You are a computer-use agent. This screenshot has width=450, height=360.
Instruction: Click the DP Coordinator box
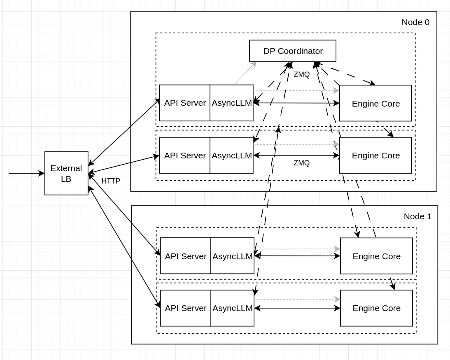coord(293,51)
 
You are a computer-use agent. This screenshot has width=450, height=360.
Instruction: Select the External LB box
coord(66,173)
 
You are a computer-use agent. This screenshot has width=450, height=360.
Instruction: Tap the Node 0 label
coord(415,22)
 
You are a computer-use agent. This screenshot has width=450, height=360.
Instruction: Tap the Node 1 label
coord(417,216)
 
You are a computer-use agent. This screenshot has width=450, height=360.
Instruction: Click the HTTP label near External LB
coord(111,181)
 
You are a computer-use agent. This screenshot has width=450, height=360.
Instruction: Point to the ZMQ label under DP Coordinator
coord(301,74)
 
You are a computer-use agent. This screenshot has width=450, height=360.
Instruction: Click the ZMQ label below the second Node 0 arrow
coord(301,163)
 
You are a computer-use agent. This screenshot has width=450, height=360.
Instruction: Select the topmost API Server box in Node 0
coord(185,103)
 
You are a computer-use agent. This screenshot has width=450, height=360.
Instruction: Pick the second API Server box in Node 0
coord(185,156)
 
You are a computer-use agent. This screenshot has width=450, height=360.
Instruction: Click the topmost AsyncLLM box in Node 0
coord(231,103)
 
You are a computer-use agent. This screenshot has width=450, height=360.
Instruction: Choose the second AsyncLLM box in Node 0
coord(231,156)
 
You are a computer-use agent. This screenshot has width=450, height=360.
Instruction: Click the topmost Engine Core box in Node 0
coord(375,103)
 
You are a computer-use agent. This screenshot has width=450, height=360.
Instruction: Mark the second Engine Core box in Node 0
coord(375,156)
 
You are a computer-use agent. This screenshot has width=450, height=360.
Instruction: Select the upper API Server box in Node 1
coord(186,256)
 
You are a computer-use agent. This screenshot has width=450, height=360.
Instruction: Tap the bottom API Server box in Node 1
coord(186,308)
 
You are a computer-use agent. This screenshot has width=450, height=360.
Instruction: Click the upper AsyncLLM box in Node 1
coord(232,256)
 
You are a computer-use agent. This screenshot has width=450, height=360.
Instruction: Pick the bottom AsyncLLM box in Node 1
coord(232,308)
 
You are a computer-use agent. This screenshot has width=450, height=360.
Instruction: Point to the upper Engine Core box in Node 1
coord(376,256)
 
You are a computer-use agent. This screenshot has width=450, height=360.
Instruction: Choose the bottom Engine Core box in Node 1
coord(376,308)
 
